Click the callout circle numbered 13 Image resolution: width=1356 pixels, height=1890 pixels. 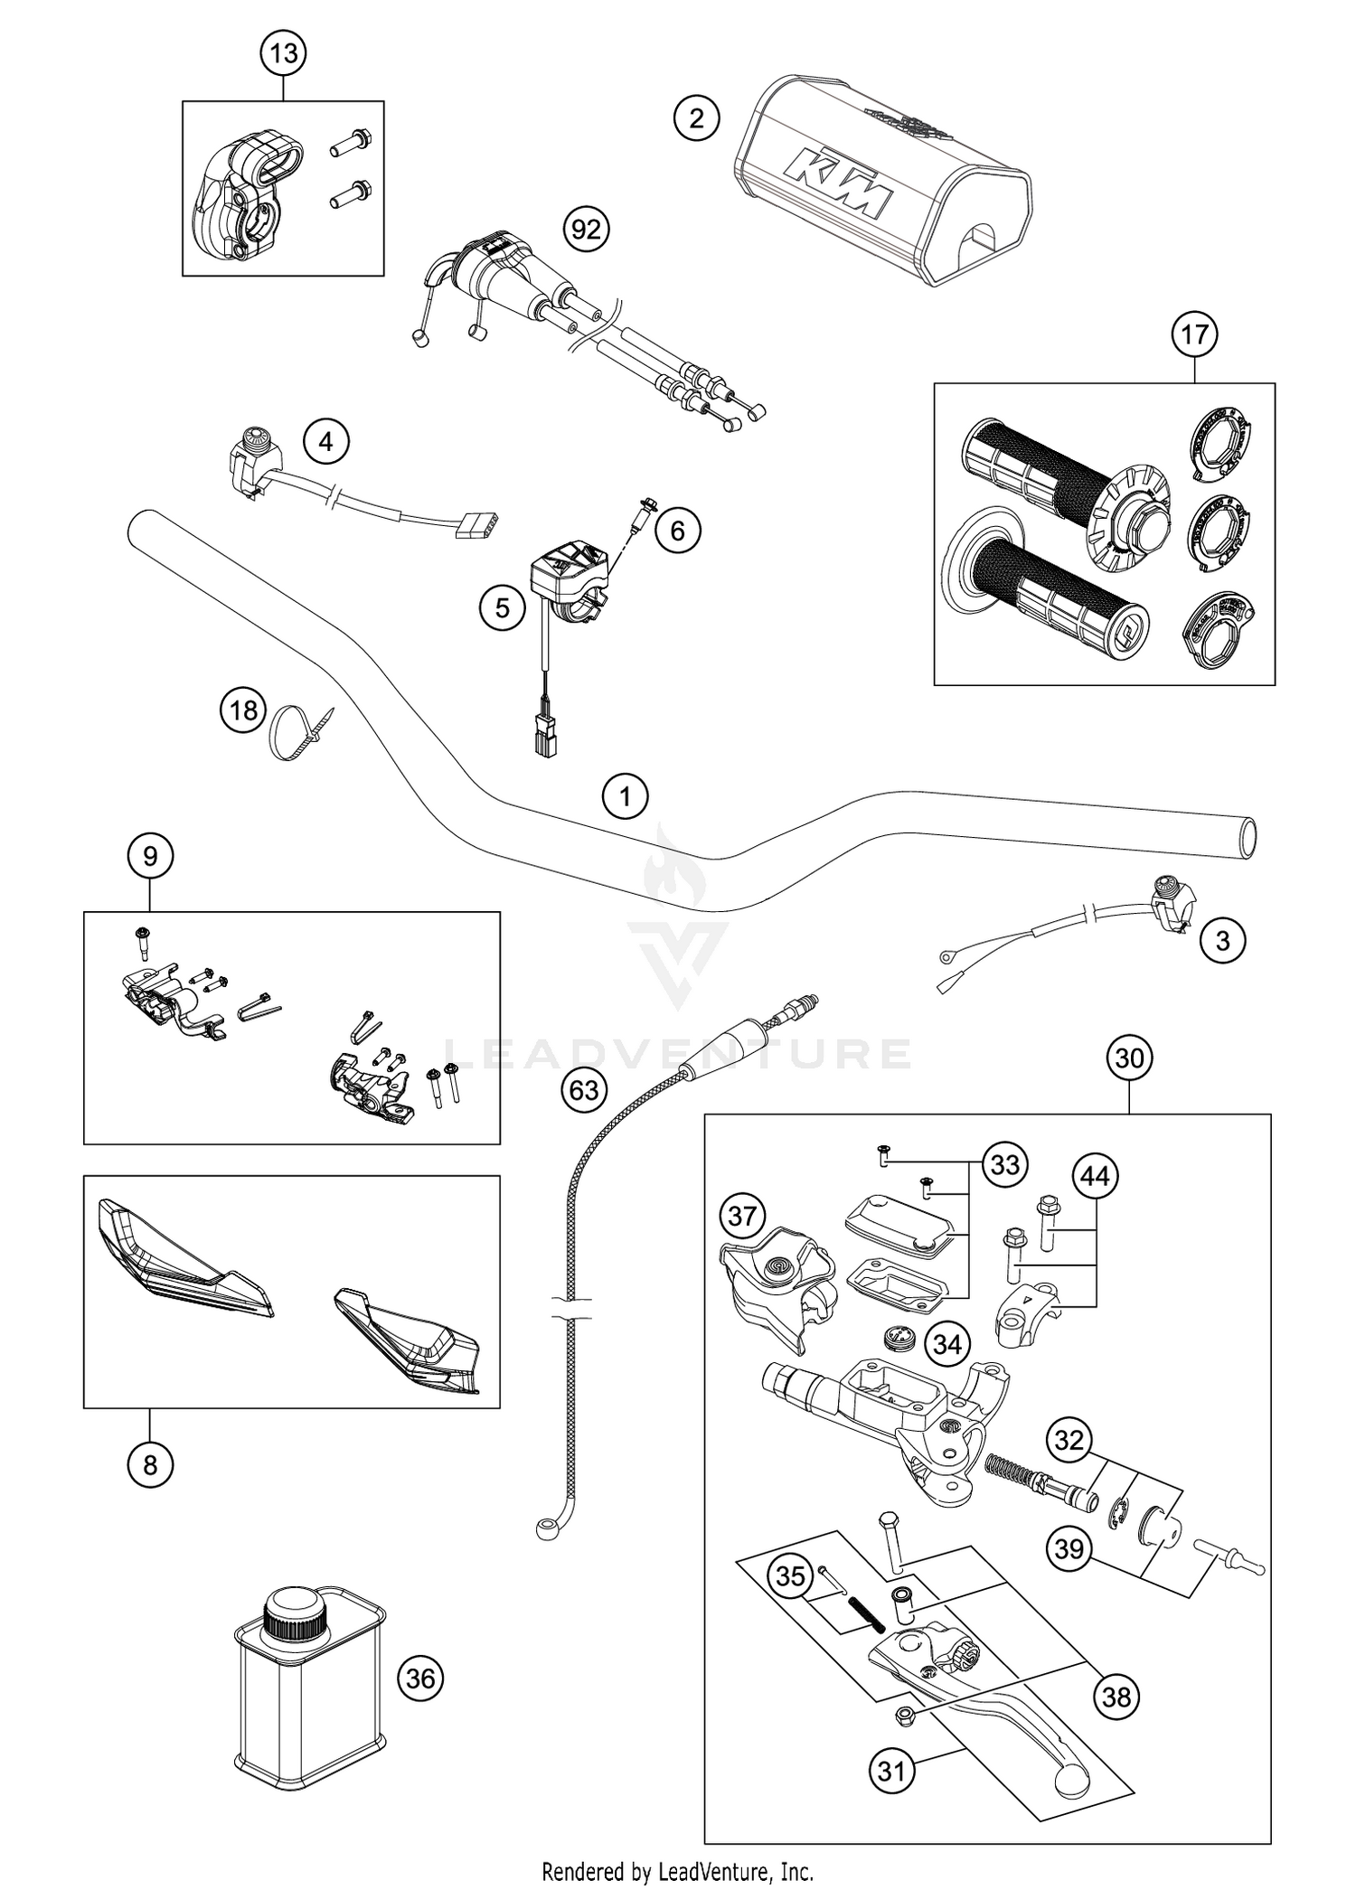click(284, 54)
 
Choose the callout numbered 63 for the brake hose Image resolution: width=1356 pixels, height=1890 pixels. click(584, 1091)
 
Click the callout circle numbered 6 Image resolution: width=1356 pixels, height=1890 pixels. click(678, 531)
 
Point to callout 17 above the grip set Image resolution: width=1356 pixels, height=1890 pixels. click(1194, 335)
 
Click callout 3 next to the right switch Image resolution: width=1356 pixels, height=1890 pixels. click(1222, 942)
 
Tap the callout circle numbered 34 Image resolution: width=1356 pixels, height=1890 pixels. click(947, 1345)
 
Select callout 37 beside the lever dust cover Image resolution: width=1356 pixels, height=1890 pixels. click(742, 1217)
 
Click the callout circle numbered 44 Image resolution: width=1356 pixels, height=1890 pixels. click(1096, 1177)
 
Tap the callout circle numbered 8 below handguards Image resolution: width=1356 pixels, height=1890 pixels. click(150, 1464)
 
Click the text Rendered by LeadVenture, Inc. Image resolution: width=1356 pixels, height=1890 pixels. click(678, 1870)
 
